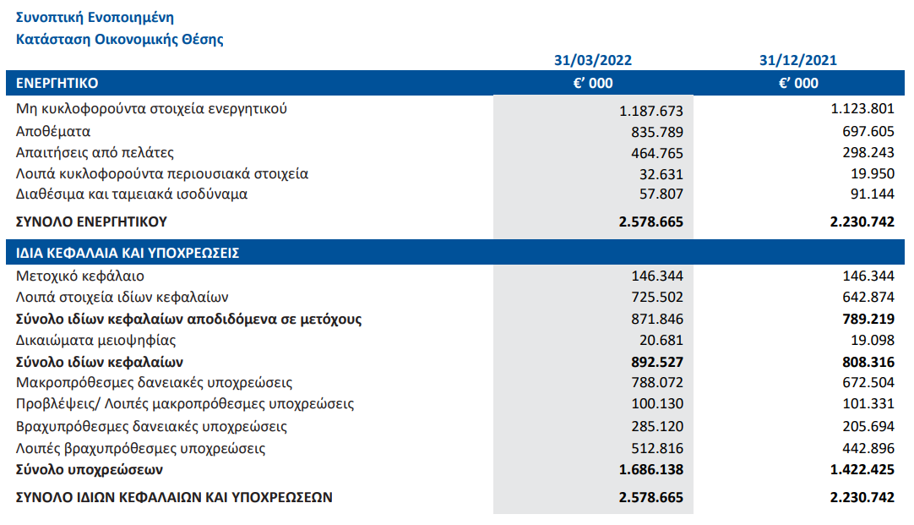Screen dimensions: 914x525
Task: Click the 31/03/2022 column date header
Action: pyautogui.click(x=593, y=60)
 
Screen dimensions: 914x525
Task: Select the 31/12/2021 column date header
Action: pyautogui.click(x=798, y=60)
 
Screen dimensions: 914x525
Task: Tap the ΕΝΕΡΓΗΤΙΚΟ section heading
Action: pyautogui.click(x=57, y=83)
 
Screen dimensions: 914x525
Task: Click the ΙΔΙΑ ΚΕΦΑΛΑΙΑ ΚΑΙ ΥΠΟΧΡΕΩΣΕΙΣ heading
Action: pyautogui.click(x=128, y=253)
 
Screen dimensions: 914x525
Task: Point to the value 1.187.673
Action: pyautogui.click(x=651, y=111)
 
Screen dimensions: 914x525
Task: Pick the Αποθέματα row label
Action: pyautogui.click(x=53, y=131)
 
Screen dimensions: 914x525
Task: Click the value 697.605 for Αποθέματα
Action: pyautogui.click(x=868, y=131)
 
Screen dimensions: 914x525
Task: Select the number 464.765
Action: pyautogui.click(x=657, y=153)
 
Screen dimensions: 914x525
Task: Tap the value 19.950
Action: pyautogui.click(x=872, y=174)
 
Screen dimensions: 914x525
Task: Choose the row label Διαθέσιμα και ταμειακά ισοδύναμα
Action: pyautogui.click(x=132, y=194)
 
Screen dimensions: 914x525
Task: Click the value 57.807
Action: pyautogui.click(x=661, y=194)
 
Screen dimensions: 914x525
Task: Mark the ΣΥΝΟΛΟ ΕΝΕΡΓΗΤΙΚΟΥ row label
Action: pyautogui.click(x=91, y=221)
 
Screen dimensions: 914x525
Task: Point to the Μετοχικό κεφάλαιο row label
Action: pyautogui.click(x=80, y=276)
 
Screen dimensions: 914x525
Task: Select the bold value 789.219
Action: pyautogui.click(x=868, y=319)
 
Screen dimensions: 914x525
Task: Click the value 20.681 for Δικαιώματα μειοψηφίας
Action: pyautogui.click(x=661, y=340)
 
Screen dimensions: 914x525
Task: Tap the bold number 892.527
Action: pyautogui.click(x=657, y=362)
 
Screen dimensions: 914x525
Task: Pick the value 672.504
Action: pyautogui.click(x=868, y=383)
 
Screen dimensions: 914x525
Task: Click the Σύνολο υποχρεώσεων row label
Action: pyautogui.click(x=90, y=469)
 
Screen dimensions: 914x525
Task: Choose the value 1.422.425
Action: pyautogui.click(x=862, y=469)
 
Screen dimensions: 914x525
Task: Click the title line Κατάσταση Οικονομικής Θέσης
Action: pyautogui.click(x=119, y=39)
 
